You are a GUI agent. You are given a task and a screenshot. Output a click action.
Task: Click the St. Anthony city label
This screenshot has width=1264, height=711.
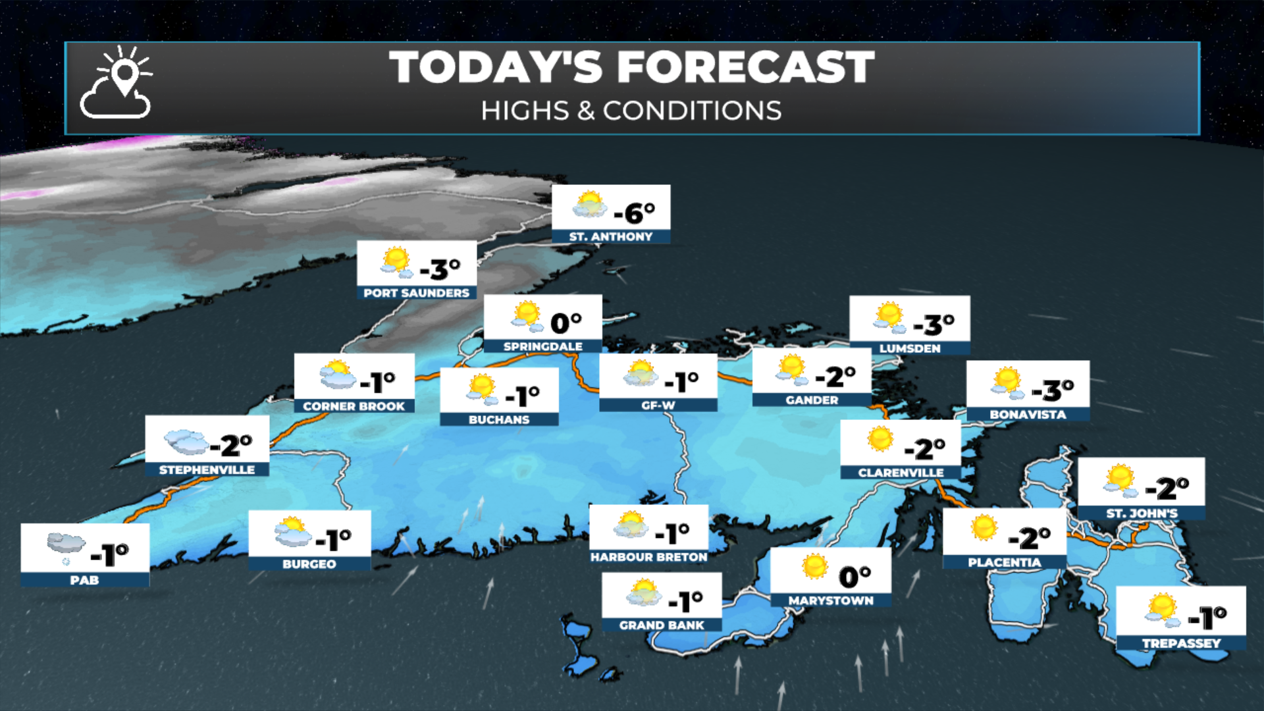[610, 236]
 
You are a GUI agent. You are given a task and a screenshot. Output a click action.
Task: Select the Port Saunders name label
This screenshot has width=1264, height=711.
[416, 293]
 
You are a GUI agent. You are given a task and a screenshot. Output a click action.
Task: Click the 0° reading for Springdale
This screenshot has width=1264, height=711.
[566, 323]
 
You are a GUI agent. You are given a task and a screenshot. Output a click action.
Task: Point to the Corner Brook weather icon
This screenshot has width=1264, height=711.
[337, 375]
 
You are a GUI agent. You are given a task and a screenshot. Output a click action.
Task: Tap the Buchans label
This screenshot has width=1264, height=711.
[499, 419]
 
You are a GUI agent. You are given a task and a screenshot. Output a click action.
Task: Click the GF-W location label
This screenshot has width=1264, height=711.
[658, 406]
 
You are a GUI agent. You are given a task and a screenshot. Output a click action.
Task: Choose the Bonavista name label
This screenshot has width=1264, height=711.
[1027, 414]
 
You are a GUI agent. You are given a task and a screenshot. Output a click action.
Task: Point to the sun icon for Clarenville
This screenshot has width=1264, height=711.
[880, 438]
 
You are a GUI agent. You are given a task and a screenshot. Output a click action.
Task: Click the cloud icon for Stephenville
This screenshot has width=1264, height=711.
[186, 442]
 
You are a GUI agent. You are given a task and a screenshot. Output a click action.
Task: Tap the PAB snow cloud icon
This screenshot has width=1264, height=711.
[66, 547]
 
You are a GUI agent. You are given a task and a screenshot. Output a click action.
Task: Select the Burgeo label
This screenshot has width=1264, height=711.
[309, 564]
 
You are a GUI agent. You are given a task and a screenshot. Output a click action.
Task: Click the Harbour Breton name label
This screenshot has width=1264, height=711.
[648, 557]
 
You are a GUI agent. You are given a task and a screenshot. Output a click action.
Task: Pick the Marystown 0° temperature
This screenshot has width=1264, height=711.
[855, 577]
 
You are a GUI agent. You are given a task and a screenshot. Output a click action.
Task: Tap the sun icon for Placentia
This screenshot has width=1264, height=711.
[984, 527]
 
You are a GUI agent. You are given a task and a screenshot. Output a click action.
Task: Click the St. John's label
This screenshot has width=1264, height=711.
[1142, 513]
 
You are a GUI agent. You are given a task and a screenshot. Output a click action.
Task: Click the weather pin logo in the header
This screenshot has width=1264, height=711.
[117, 82]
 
